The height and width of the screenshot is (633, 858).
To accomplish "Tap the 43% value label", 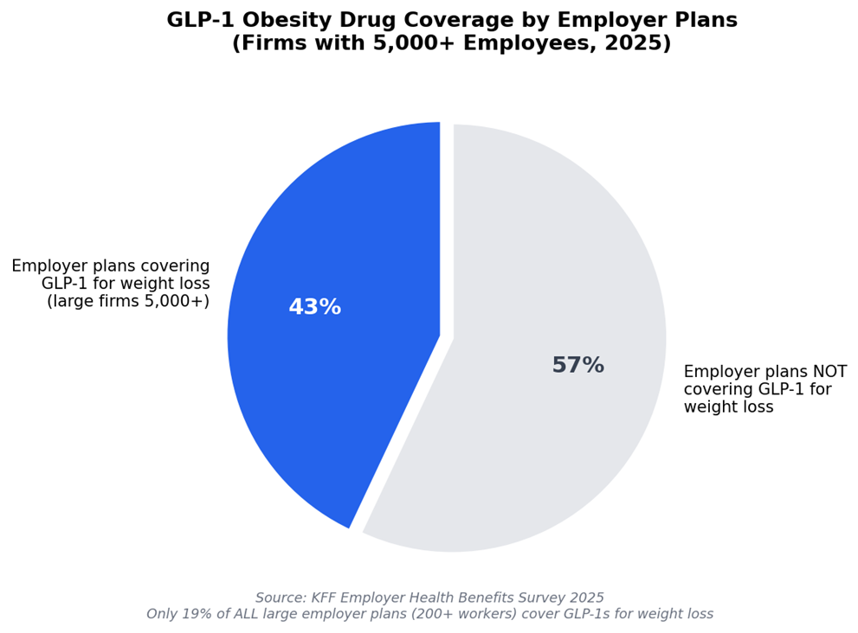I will point(314,308).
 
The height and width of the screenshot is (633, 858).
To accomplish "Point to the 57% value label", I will point(577,366).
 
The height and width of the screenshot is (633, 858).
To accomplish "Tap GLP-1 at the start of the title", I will point(197,21).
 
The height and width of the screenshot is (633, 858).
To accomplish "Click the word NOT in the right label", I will point(829,372).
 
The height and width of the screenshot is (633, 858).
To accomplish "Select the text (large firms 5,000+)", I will point(128,301).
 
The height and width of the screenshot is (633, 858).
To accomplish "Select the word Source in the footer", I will point(281,598).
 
